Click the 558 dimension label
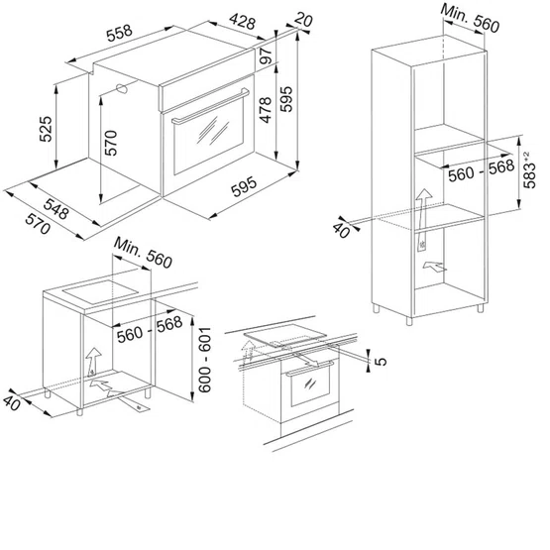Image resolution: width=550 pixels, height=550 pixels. (x=120, y=33)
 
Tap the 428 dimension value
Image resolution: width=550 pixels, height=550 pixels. (x=243, y=22)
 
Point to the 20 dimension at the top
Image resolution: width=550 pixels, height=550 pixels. (x=303, y=19)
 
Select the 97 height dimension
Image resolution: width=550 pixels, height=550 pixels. (x=267, y=55)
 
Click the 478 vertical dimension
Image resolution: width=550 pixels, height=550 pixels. (x=266, y=110)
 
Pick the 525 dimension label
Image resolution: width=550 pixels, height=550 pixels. (x=46, y=129)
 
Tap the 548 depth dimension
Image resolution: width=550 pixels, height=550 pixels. (x=56, y=209)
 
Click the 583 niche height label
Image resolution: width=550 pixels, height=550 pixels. (x=529, y=170)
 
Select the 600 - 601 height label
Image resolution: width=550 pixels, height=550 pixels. (x=204, y=360)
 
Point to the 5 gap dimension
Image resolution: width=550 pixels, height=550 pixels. (x=381, y=361)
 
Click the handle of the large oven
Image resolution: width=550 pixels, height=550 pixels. (x=210, y=106)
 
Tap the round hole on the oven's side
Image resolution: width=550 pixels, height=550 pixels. (x=122, y=88)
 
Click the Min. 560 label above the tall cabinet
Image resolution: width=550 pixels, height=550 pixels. (x=470, y=18)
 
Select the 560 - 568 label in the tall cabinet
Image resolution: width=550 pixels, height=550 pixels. (x=482, y=170)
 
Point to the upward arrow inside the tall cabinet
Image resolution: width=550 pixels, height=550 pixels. (x=423, y=220)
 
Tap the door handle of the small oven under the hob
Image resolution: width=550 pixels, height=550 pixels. (x=310, y=368)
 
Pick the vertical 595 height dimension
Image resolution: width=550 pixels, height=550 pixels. (x=286, y=99)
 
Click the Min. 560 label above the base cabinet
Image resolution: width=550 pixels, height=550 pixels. (x=143, y=253)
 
